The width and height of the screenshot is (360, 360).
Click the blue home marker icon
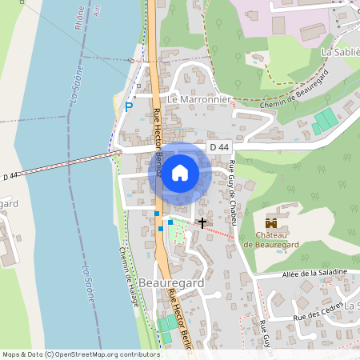click(x=180, y=172)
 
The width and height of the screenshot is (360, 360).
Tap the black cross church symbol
click(x=202, y=222)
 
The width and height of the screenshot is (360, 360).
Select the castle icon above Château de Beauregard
click(x=271, y=222)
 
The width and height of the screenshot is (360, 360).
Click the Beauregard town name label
click(x=170, y=283)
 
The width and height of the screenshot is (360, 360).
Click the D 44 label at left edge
click(x=10, y=176)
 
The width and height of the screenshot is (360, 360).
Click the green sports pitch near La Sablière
click(x=325, y=122)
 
